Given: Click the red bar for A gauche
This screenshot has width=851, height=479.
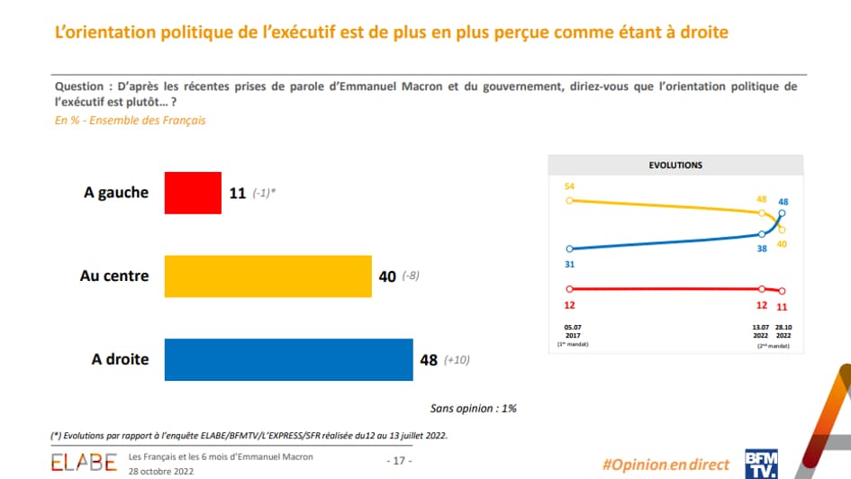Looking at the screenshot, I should [192, 193].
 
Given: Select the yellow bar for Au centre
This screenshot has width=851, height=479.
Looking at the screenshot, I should [267, 276].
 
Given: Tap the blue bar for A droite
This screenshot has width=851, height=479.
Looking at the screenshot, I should [288, 359].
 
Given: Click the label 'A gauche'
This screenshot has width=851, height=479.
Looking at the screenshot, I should [116, 193].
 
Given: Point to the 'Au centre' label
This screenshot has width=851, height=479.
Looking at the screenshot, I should [114, 276].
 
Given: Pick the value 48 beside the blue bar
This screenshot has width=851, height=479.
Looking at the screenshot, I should [429, 360].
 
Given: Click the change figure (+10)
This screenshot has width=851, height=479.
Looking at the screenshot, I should [457, 360].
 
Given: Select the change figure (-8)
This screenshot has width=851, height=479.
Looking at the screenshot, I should [410, 276].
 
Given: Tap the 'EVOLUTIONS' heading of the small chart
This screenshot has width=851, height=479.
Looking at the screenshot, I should [675, 166].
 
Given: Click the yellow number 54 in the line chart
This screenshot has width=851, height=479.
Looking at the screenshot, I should [569, 186].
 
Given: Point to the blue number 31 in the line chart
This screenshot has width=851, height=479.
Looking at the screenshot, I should [569, 263].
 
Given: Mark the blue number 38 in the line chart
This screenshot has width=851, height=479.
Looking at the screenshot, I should [761, 248].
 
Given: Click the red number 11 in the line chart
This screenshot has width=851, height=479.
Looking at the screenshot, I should [782, 306].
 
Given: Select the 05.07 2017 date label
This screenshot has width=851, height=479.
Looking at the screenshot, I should [569, 334].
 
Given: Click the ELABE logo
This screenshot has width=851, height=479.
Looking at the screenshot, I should [84, 463].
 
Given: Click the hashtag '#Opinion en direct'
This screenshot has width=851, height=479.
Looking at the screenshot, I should [665, 464].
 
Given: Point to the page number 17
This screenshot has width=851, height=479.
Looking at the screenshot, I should [399, 460].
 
